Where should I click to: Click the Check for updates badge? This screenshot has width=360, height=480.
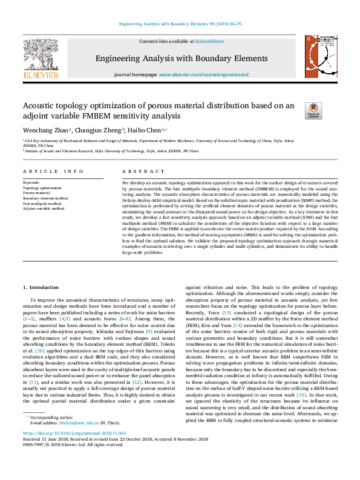(x=313, y=109)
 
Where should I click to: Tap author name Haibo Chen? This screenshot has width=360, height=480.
(x=146, y=129)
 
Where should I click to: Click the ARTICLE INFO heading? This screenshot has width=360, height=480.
(x=53, y=172)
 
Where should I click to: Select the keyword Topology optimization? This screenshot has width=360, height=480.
(x=42, y=188)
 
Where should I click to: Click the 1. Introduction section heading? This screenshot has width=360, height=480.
(x=41, y=287)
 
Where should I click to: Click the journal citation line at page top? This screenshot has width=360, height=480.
(x=180, y=24)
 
